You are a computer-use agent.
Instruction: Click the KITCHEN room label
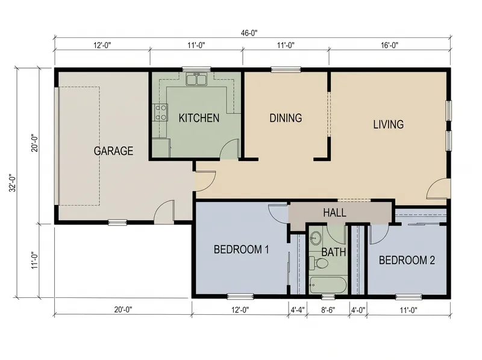pyautogui.click(x=199, y=118)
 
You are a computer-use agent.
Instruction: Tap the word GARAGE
pyautogui.click(x=113, y=151)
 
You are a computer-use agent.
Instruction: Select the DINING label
pyautogui.click(x=286, y=118)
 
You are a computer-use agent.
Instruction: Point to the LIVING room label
pyautogui.click(x=388, y=124)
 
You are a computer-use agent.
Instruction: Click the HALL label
pyautogui.click(x=334, y=213)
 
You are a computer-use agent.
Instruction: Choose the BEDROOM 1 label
pyautogui.click(x=242, y=249)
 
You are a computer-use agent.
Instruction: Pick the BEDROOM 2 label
pyautogui.click(x=407, y=261)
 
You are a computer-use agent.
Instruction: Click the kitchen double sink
pyautogui.click(x=196, y=79)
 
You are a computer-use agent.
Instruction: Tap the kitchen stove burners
pyautogui.click(x=160, y=112)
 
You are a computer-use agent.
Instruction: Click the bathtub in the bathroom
pyautogui.click(x=328, y=285)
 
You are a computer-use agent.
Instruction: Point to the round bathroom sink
pyautogui.click(x=315, y=237)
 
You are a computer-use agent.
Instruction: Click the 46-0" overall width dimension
pyautogui.click(x=249, y=33)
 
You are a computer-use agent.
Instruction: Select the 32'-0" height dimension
pyautogui.click(x=12, y=183)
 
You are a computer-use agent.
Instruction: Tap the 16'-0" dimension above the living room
pyautogui.click(x=389, y=45)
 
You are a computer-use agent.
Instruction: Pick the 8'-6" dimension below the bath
pyautogui.click(x=328, y=310)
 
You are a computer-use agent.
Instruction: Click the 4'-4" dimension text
pyautogui.click(x=298, y=310)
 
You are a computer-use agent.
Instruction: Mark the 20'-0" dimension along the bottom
pyautogui.click(x=124, y=309)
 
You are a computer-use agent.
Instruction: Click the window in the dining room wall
pyautogui.click(x=286, y=70)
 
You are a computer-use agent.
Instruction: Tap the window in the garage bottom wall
pyautogui.click(x=117, y=222)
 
